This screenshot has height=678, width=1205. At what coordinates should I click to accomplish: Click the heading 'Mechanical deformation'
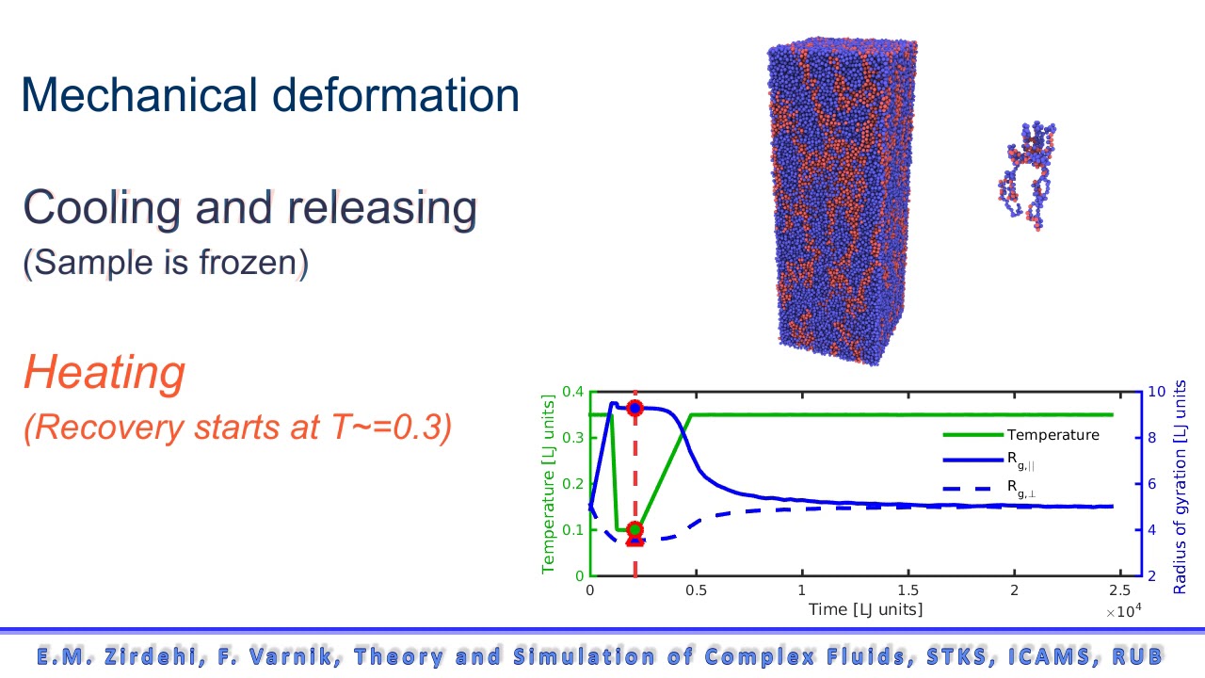point(270,96)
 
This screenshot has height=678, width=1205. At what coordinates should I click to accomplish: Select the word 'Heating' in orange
point(104,373)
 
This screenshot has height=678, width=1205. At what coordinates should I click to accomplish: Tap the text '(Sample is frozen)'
point(165,263)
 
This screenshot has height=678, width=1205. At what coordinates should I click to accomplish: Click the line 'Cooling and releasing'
point(249,208)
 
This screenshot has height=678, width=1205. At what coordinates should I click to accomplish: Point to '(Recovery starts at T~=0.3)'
point(238,428)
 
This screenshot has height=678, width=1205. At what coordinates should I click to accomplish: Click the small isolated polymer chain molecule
point(1027,175)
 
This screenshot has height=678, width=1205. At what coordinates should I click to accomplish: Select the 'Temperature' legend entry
point(1052,435)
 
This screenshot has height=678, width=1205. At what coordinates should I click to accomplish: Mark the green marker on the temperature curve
point(635,529)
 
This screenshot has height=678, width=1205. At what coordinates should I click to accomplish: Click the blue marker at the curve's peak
point(635,408)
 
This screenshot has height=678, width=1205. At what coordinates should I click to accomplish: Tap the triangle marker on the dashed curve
point(635,539)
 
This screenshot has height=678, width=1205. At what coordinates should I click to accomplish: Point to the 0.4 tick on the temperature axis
point(572,392)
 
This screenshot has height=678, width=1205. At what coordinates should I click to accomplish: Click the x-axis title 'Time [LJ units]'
point(865,609)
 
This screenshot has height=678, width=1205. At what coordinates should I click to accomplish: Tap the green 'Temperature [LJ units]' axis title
point(549,483)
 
